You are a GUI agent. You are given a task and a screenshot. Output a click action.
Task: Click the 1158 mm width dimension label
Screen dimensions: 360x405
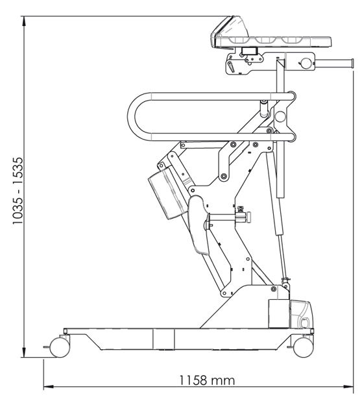(x=207, y=380)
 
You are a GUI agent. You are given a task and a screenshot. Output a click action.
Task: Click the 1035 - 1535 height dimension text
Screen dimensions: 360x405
(x=18, y=191)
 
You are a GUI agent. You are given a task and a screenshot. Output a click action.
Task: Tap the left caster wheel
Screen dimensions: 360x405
(x=60, y=348)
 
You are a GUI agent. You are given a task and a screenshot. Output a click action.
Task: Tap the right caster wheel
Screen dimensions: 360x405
(x=304, y=348)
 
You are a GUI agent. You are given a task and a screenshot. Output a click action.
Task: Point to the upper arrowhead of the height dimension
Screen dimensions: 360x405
(x=24, y=21)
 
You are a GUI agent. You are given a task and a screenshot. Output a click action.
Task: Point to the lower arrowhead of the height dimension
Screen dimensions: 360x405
(x=24, y=353)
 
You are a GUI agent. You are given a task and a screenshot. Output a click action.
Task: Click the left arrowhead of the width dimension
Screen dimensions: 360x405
(x=48, y=387)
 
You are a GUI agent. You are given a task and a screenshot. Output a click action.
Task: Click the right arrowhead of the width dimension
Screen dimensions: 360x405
(x=348, y=387)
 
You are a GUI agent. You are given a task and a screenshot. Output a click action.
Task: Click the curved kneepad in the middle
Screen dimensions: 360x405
(x=198, y=224)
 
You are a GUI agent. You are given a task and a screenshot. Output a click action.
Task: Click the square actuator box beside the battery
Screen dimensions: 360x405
(x=279, y=314)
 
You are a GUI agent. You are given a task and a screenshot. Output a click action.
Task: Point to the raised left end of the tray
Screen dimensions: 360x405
(x=227, y=29)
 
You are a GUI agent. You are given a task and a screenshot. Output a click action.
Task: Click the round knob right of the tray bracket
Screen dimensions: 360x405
(x=306, y=63)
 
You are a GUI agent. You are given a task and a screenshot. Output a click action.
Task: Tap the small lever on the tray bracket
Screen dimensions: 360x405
(x=231, y=66)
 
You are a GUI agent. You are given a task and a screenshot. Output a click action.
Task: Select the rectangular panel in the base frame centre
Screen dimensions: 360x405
(x=163, y=339)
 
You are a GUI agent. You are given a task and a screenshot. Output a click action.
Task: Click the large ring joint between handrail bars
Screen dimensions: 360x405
(x=280, y=116)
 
